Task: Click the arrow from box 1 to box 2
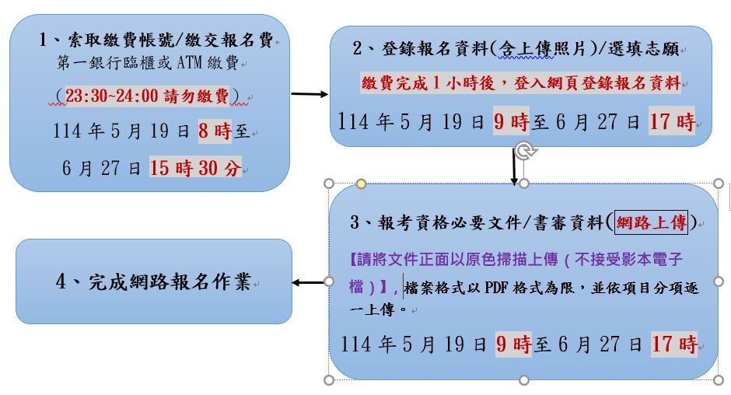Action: [x=310, y=94]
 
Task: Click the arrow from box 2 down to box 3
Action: [x=514, y=166]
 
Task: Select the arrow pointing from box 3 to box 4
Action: [x=308, y=282]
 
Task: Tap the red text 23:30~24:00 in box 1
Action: [x=111, y=96]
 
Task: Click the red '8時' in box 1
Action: [x=215, y=131]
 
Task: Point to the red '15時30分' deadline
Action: [x=195, y=168]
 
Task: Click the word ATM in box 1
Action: [x=190, y=62]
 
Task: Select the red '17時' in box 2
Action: [x=672, y=122]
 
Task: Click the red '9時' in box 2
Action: [x=512, y=122]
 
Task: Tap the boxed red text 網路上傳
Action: [x=651, y=222]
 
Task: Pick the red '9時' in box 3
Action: [x=514, y=344]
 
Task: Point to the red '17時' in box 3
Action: [x=674, y=344]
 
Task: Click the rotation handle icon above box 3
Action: [x=524, y=150]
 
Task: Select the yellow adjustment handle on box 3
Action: [x=361, y=184]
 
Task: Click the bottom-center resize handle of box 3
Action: [x=524, y=380]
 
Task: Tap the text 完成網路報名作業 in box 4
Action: [x=170, y=281]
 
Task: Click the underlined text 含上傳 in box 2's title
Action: [x=526, y=48]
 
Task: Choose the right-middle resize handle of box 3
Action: [x=719, y=281]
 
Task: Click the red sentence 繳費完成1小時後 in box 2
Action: [x=428, y=83]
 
